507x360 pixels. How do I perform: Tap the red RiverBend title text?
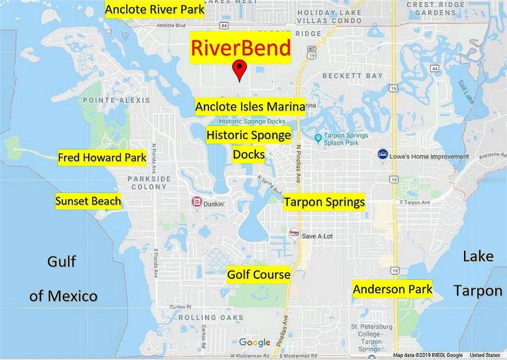[x=240, y=48]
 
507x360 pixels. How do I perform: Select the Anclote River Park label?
[x=154, y=9]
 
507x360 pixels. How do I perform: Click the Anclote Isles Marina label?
[x=249, y=106]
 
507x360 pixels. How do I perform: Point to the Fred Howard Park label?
[x=102, y=158]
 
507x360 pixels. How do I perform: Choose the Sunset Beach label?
[x=88, y=201]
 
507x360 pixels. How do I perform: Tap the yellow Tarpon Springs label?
[x=324, y=202]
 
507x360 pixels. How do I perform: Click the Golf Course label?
[x=258, y=274]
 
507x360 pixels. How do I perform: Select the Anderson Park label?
[x=392, y=289]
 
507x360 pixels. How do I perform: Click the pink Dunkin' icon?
[x=197, y=202]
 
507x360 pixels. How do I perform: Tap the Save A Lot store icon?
[x=294, y=234]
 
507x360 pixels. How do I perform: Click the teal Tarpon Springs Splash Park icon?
[x=317, y=137]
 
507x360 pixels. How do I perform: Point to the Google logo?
[x=254, y=342]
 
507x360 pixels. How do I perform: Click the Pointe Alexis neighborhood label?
[x=116, y=100]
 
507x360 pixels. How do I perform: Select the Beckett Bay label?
[x=352, y=76]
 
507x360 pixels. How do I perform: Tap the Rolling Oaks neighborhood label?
[x=211, y=317]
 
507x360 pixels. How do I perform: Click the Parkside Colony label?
[x=148, y=182]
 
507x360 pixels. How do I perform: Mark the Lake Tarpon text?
[x=477, y=273]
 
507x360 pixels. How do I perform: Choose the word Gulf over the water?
[x=61, y=261]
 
